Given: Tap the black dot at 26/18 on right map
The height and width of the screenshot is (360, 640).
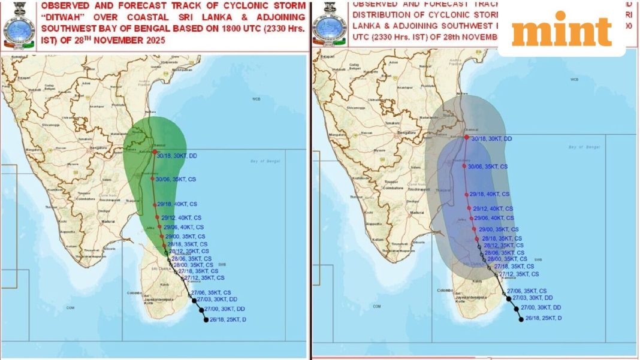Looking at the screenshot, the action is click(521, 319).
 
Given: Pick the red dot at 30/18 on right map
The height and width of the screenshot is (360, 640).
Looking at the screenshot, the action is click(466, 137).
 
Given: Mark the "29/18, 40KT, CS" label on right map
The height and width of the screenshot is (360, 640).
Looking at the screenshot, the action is click(490, 194).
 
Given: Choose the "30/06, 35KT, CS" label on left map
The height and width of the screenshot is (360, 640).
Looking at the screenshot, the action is click(176, 179).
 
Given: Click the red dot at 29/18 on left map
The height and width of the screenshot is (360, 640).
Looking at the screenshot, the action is click(155, 205).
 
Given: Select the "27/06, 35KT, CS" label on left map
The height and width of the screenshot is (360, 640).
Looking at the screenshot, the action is click(212, 291).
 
